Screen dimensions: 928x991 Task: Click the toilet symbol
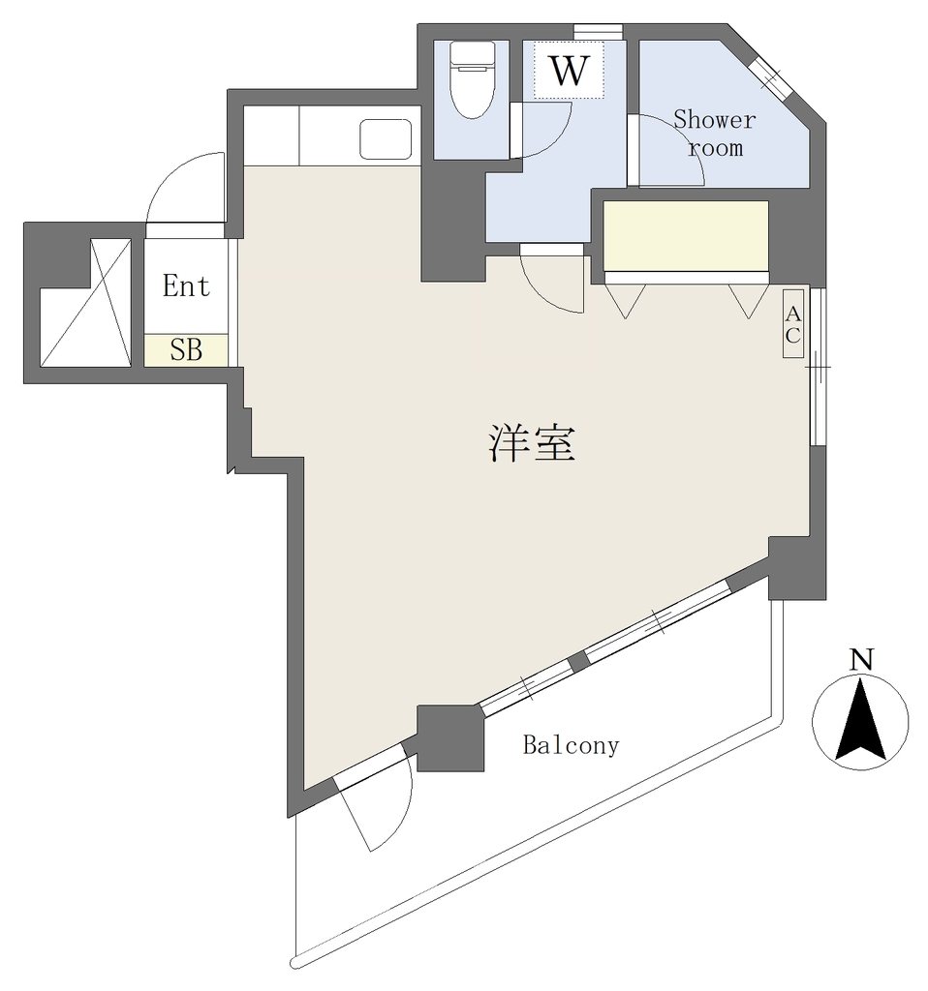pyautogui.click(x=472, y=79)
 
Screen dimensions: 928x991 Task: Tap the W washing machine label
pyautogui.click(x=570, y=70)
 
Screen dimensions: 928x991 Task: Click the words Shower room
pyautogui.click(x=714, y=134)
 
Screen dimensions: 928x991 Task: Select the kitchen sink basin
pyautogui.click(x=386, y=139)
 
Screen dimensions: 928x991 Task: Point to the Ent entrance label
pyautogui.click(x=186, y=286)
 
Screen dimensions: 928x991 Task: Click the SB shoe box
pyautogui.click(x=186, y=350)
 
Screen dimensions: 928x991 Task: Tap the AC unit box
pyautogui.click(x=792, y=323)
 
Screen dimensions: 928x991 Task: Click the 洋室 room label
pyautogui.click(x=532, y=443)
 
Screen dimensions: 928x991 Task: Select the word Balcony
pyautogui.click(x=571, y=745)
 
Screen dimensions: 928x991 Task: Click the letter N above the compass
pyautogui.click(x=861, y=659)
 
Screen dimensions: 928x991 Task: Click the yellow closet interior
pyautogui.click(x=686, y=236)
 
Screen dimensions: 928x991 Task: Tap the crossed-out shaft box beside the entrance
pyautogui.click(x=85, y=302)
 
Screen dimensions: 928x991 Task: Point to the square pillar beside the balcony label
pyautogui.click(x=450, y=738)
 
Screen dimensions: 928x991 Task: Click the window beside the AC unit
pyautogui.click(x=818, y=367)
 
